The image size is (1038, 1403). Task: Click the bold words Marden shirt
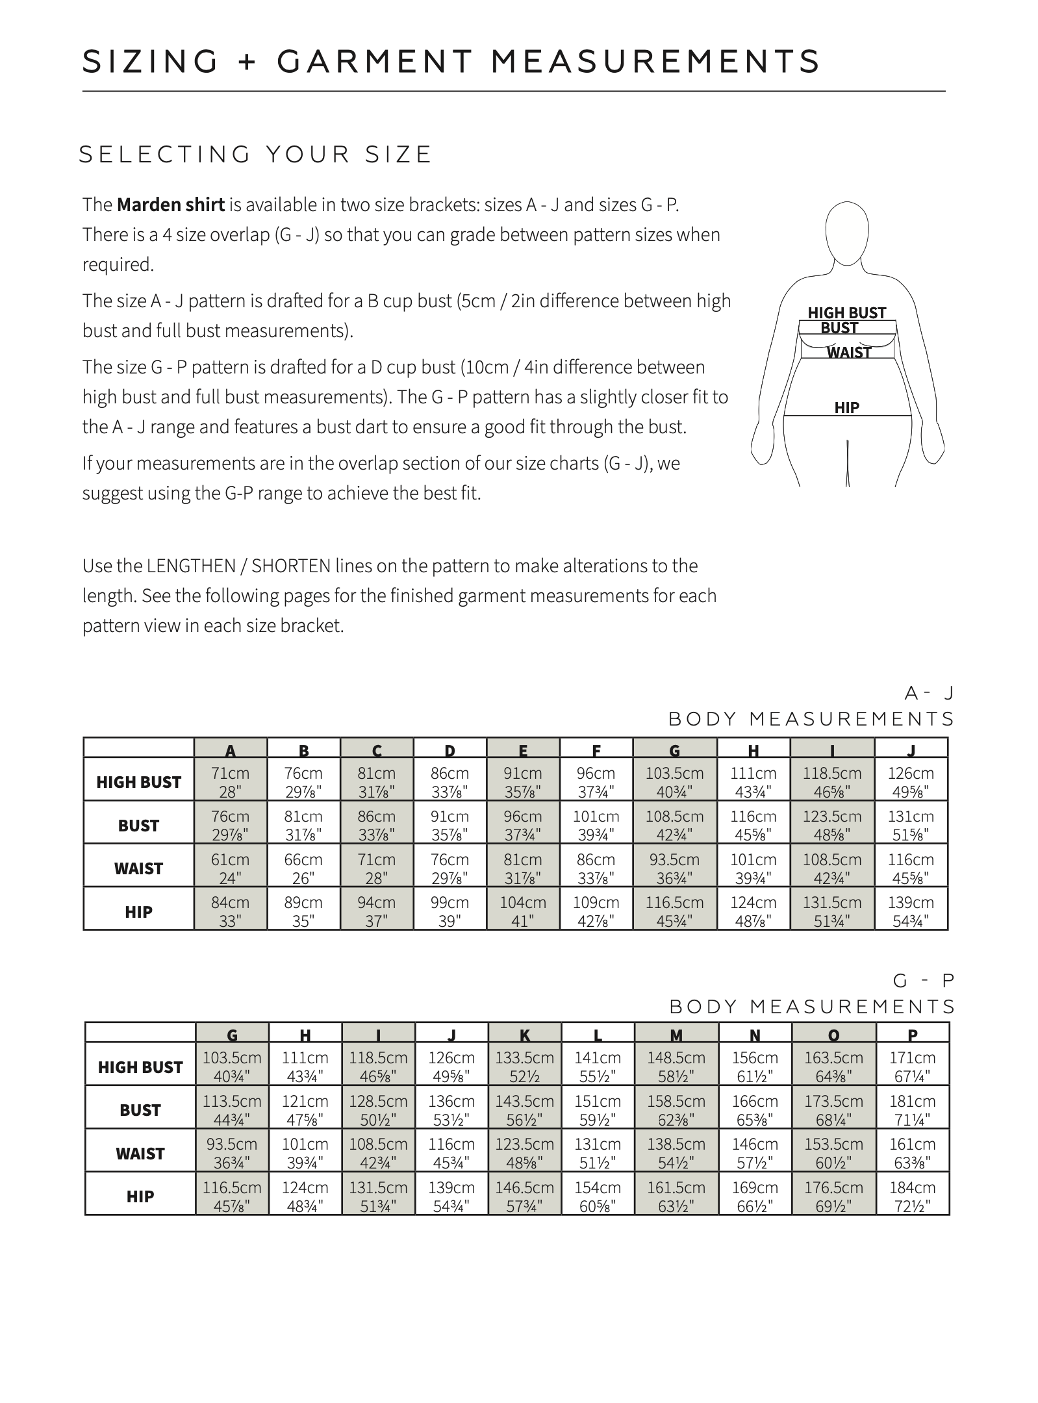click(x=170, y=205)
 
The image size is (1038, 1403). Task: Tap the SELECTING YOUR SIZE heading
click(x=255, y=155)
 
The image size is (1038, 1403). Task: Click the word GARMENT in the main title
click(x=374, y=62)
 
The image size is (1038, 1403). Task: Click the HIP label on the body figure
click(x=846, y=408)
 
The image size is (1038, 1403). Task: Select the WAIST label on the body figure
click(x=849, y=353)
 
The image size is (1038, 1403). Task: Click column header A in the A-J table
click(x=231, y=751)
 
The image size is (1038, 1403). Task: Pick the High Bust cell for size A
click(x=231, y=782)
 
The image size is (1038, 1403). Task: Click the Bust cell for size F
click(x=596, y=825)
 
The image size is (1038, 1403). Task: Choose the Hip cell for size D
click(x=449, y=911)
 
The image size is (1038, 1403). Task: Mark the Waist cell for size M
click(x=676, y=1153)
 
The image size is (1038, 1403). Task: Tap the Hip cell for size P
click(x=913, y=1196)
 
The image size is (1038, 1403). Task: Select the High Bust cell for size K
click(x=525, y=1067)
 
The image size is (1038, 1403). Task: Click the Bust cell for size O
click(x=833, y=1110)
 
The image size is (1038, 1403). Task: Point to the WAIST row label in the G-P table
click(x=140, y=1154)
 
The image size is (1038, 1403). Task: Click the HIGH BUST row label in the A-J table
click(x=138, y=782)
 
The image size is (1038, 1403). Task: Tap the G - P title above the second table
click(x=923, y=981)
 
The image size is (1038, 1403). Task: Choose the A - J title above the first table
click(x=929, y=694)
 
